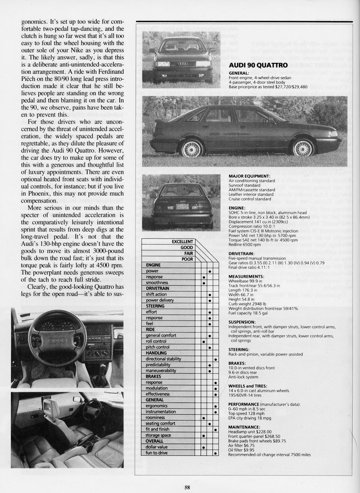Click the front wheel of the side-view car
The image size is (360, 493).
303,147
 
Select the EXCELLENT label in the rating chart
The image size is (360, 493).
182,242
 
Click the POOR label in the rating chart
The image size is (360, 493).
187,259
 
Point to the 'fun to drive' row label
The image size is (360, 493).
157,453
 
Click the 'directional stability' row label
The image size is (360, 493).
163,359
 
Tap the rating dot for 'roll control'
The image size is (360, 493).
204,341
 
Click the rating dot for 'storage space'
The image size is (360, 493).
204,435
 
